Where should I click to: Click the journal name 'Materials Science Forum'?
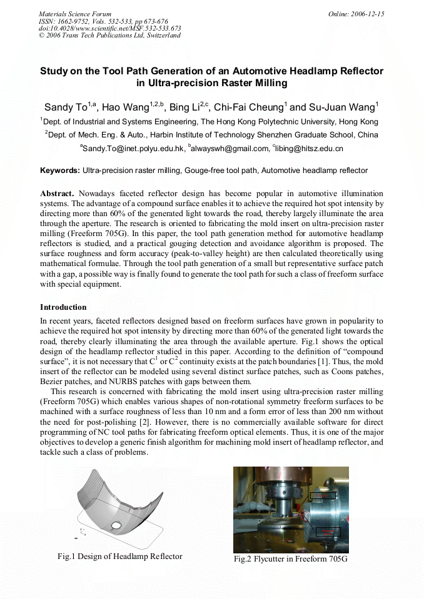[75, 14]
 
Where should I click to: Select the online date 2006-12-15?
[356, 14]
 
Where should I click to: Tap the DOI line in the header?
[110, 28]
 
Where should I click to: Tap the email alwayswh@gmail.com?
[229, 149]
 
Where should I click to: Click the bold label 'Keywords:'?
[60, 171]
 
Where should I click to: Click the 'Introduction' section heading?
[63, 307]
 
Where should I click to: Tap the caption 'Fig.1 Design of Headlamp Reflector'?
[120, 556]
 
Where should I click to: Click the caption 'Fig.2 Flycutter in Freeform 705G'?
[291, 558]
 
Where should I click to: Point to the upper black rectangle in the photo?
[323, 495]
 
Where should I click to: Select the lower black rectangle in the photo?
[328, 532]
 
